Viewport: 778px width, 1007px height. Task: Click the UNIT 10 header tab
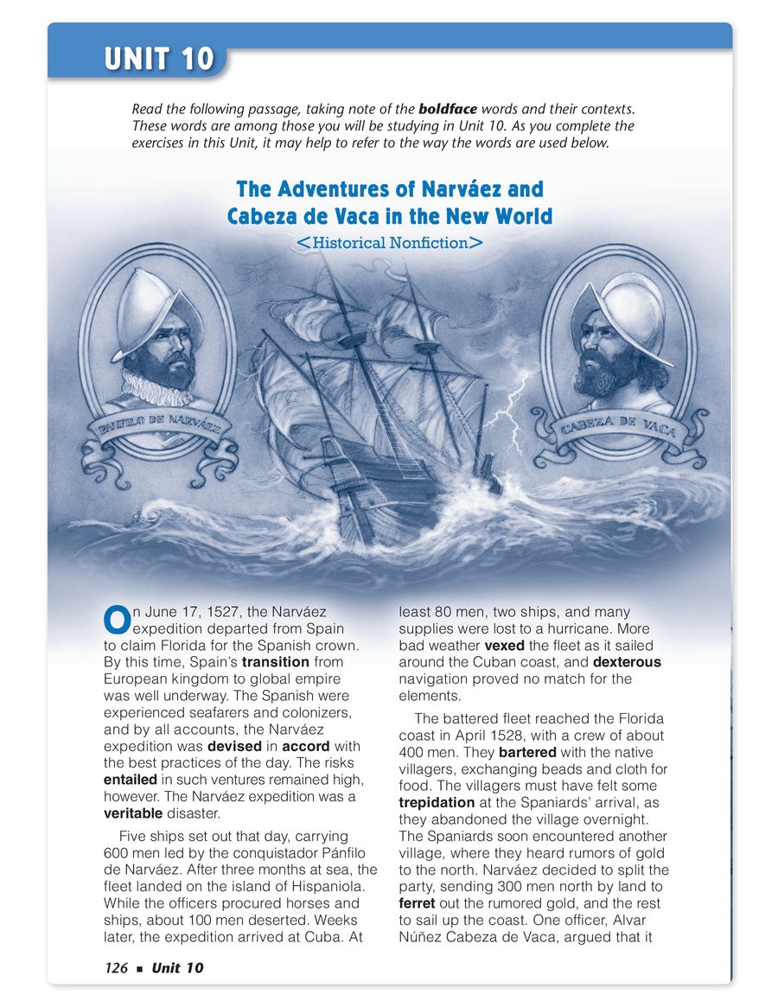tap(159, 59)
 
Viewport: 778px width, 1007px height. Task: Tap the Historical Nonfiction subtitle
tap(389, 243)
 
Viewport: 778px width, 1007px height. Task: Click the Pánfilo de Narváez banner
tap(160, 428)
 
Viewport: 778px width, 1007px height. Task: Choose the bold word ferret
tap(417, 903)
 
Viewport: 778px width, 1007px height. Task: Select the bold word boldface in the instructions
tap(447, 110)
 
